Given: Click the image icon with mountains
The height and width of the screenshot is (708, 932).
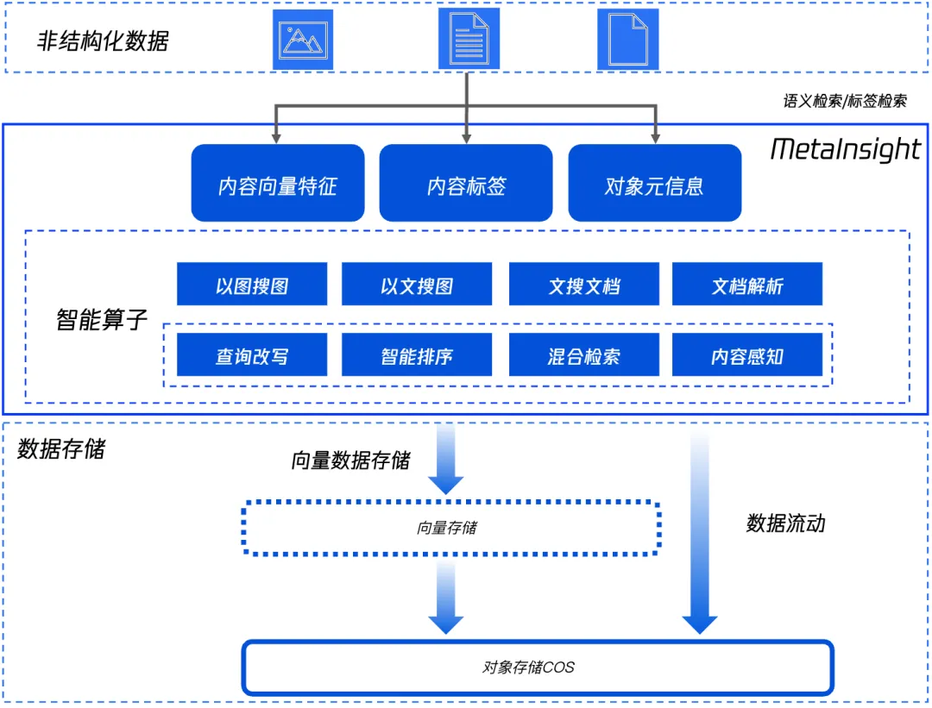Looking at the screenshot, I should click(302, 40).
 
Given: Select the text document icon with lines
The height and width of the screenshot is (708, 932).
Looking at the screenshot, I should click(469, 40).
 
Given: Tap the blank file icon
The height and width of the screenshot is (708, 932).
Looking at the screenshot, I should click(627, 40).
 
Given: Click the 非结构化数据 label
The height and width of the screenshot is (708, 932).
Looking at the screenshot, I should click(103, 41).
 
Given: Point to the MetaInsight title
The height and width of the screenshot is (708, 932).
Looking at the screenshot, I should click(845, 149).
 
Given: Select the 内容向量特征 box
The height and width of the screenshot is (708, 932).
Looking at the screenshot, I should click(278, 184).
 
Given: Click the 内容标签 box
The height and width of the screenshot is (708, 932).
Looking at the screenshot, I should click(466, 184).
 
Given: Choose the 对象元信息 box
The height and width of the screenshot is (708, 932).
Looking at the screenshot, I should click(654, 184).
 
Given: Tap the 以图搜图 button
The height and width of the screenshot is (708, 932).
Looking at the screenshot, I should click(252, 285).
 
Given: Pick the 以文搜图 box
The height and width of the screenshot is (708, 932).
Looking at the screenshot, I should click(417, 285).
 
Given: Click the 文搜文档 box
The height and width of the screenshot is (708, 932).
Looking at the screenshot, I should click(584, 285).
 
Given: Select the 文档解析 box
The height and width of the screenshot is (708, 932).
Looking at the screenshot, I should click(747, 285).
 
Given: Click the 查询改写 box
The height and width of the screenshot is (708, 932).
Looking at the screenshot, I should click(252, 355).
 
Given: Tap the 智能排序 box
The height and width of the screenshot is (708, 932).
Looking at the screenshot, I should click(417, 355).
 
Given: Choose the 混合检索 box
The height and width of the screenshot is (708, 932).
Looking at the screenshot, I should click(584, 355).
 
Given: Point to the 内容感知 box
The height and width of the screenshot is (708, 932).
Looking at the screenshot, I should click(747, 355).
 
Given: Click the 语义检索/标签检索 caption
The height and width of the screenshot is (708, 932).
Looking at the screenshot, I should click(845, 101).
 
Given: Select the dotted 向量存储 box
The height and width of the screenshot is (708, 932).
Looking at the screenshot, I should click(451, 528).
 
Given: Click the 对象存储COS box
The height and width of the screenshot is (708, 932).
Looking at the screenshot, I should click(537, 667).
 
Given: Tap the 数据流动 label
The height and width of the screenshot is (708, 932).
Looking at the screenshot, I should click(785, 523).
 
